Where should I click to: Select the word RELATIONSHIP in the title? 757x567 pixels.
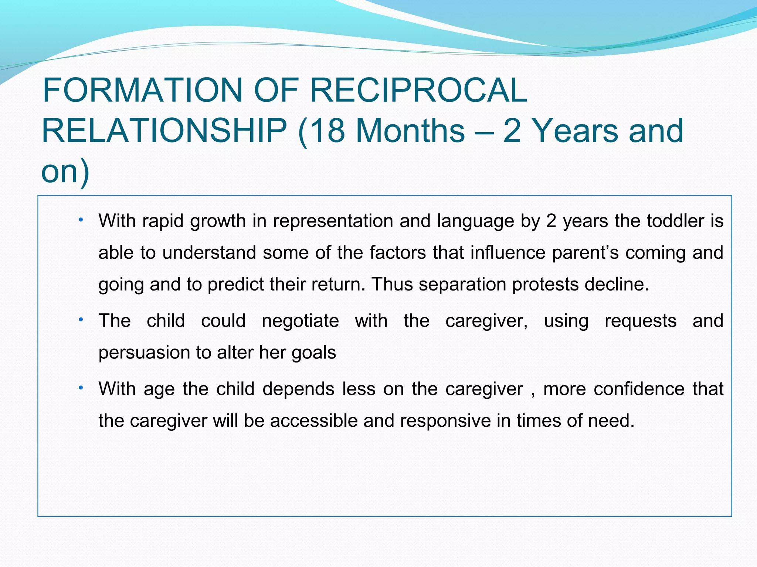164,131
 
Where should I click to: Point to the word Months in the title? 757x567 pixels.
410,131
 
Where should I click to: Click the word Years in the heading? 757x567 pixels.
577,131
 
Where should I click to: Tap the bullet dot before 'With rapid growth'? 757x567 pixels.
81,220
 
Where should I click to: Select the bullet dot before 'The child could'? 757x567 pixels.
81,320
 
